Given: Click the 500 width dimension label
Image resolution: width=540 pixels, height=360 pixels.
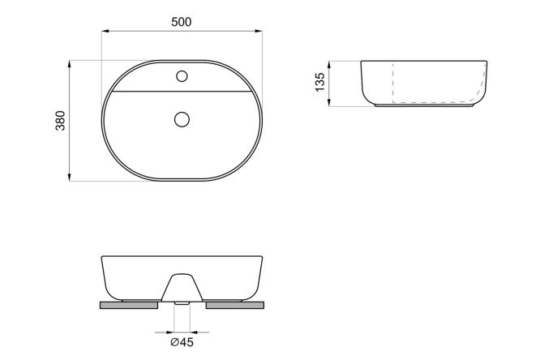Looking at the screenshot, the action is click(x=181, y=22).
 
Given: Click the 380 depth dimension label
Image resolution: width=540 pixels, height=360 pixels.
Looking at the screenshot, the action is click(x=60, y=121).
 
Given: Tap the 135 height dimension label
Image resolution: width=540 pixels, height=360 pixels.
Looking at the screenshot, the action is click(x=320, y=82).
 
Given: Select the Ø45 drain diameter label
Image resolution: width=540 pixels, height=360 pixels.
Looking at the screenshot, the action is click(x=182, y=342).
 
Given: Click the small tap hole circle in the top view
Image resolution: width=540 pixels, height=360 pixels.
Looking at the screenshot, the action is click(x=182, y=76).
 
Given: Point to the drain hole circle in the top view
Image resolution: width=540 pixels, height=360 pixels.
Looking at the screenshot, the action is click(x=182, y=119).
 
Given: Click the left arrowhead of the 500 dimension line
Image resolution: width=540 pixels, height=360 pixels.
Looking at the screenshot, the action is click(x=105, y=31).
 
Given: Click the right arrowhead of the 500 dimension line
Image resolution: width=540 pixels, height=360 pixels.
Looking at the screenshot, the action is click(x=259, y=31).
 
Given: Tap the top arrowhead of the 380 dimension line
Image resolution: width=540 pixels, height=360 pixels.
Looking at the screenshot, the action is click(x=70, y=64).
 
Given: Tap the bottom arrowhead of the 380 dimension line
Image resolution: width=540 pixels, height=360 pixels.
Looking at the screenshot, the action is click(x=70, y=177).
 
